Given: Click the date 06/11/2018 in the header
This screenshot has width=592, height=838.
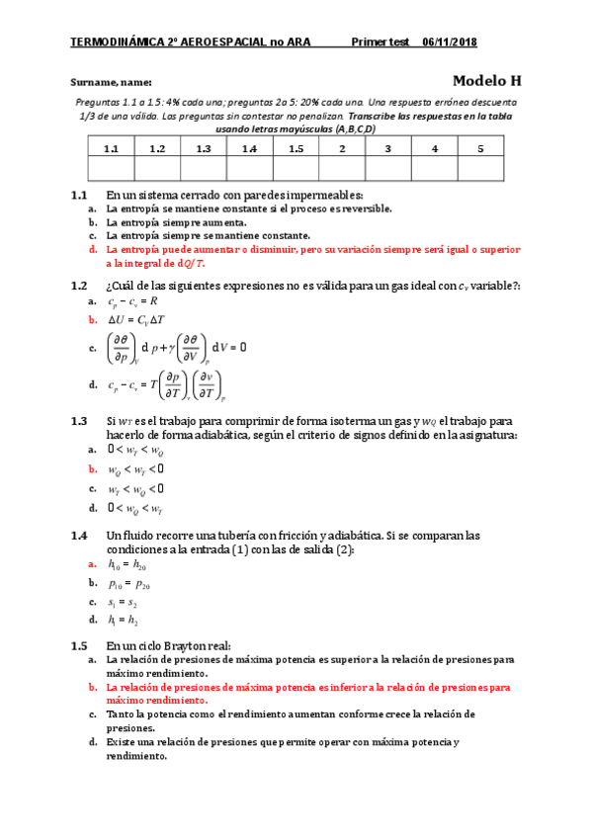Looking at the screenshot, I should point(451,42).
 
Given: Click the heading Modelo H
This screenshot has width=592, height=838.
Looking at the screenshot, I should point(486,81).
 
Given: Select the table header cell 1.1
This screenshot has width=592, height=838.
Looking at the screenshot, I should point(111,148).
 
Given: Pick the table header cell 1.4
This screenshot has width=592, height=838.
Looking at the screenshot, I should point(249,148).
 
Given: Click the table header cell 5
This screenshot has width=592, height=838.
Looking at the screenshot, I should point(480,148).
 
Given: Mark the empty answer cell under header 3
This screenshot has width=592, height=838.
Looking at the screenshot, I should point(388,169).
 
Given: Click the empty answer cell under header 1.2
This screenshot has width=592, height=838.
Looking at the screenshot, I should point(157,169).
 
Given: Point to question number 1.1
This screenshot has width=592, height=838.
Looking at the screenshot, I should point(80,196).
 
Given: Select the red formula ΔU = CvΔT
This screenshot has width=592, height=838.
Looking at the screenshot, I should point(137,319).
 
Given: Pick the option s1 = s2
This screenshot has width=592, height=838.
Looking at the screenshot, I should point(123,602).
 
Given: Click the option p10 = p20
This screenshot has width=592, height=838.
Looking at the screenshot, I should point(128,584).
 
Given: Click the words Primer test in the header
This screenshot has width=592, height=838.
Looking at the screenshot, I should point(380,42).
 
